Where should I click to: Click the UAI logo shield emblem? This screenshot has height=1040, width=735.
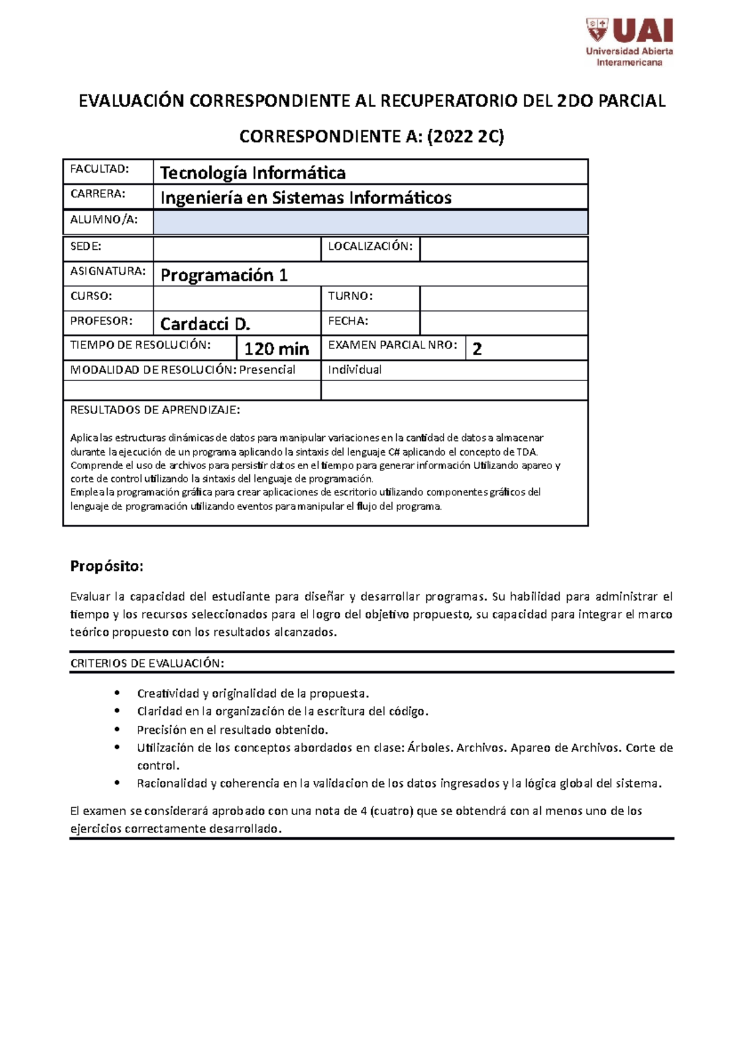click(597, 29)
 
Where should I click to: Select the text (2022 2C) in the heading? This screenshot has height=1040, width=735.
click(466, 137)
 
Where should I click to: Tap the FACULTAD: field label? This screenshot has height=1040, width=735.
click(99, 168)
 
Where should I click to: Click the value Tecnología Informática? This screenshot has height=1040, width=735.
click(252, 173)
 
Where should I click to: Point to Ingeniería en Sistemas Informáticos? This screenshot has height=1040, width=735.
click(306, 198)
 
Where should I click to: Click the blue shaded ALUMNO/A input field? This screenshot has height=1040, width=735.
click(370, 222)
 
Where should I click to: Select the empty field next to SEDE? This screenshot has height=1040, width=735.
click(236, 249)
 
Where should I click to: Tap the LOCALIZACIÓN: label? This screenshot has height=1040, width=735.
click(370, 246)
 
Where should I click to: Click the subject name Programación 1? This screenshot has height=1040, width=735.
click(224, 275)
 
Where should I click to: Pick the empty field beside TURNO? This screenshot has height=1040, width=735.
click(503, 298)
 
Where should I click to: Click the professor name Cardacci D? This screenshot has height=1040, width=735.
click(205, 324)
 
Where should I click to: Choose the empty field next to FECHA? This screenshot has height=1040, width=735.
click(503, 323)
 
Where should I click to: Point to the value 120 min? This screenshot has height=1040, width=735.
click(276, 349)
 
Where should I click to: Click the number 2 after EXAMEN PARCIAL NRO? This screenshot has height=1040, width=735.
click(477, 349)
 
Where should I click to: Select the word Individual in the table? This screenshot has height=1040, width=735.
click(355, 370)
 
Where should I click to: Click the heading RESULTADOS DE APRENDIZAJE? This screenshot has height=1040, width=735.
click(155, 410)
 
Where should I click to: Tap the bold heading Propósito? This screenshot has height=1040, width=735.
click(107, 566)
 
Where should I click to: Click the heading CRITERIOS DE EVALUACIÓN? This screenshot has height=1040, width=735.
click(147, 663)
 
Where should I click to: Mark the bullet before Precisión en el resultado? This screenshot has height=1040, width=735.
click(116, 729)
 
